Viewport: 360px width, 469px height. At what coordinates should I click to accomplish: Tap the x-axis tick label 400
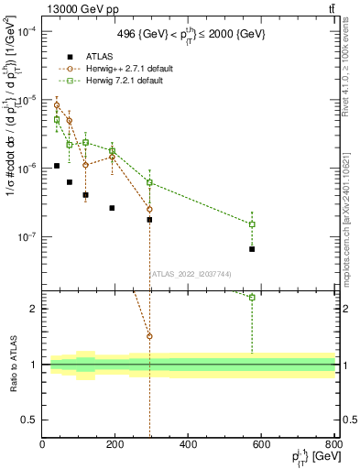(x=188, y=445)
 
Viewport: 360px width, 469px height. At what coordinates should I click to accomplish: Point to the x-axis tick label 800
(x=333, y=445)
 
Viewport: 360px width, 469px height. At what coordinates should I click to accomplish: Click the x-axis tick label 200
(x=115, y=445)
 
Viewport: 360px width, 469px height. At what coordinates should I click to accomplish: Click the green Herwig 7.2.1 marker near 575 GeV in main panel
(x=252, y=224)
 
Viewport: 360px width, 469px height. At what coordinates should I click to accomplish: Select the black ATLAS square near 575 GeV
(x=252, y=249)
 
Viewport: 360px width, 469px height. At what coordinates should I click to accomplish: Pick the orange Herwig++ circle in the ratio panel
(x=149, y=336)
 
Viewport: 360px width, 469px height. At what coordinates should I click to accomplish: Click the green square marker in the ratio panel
(x=252, y=297)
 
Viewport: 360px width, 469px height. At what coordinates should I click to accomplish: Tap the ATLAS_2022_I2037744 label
(x=188, y=274)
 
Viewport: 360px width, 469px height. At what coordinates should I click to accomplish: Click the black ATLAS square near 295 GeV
(x=149, y=220)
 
